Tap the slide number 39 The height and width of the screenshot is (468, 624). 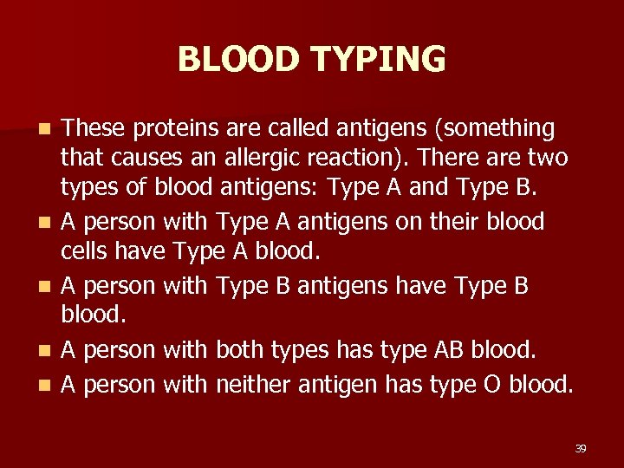point(580,448)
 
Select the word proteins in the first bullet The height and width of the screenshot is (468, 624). point(166,129)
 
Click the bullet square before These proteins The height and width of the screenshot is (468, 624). point(48,130)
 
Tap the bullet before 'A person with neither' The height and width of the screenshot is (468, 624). point(48,383)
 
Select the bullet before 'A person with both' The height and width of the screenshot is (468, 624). point(48,352)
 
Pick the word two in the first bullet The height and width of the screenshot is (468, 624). point(548,159)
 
